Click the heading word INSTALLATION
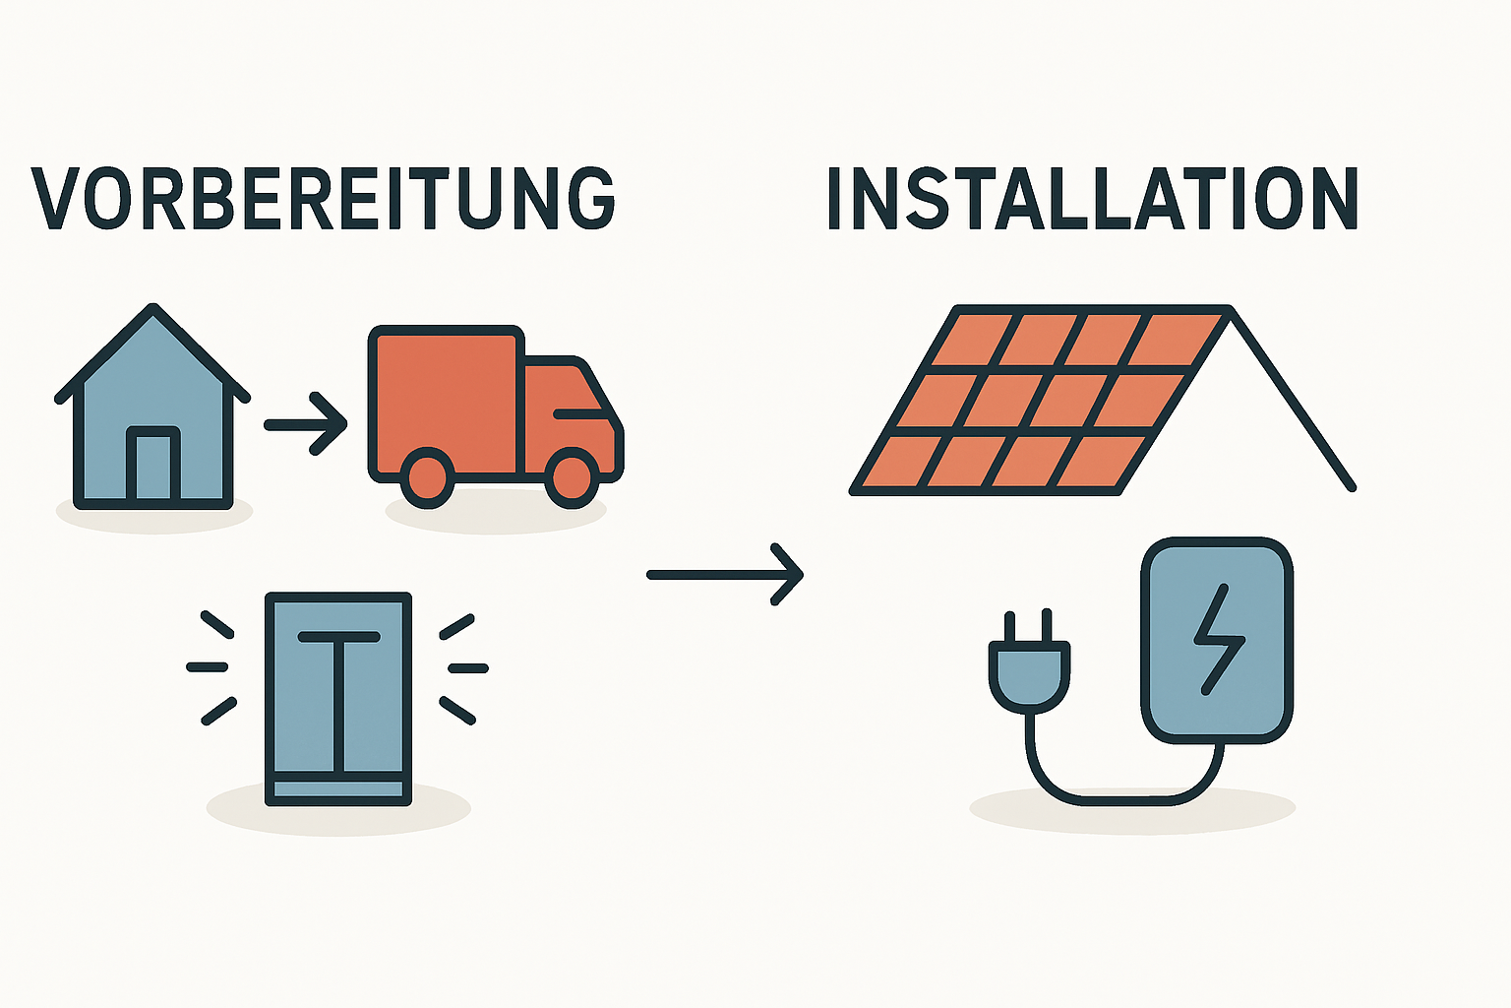[x=1092, y=200]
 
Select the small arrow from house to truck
[x=306, y=424]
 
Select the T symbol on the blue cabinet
[x=338, y=689]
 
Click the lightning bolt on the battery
[x=1218, y=640]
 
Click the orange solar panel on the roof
[x=1033, y=399]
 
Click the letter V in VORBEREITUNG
[x=55, y=200]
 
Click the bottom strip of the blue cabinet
[x=338, y=789]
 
